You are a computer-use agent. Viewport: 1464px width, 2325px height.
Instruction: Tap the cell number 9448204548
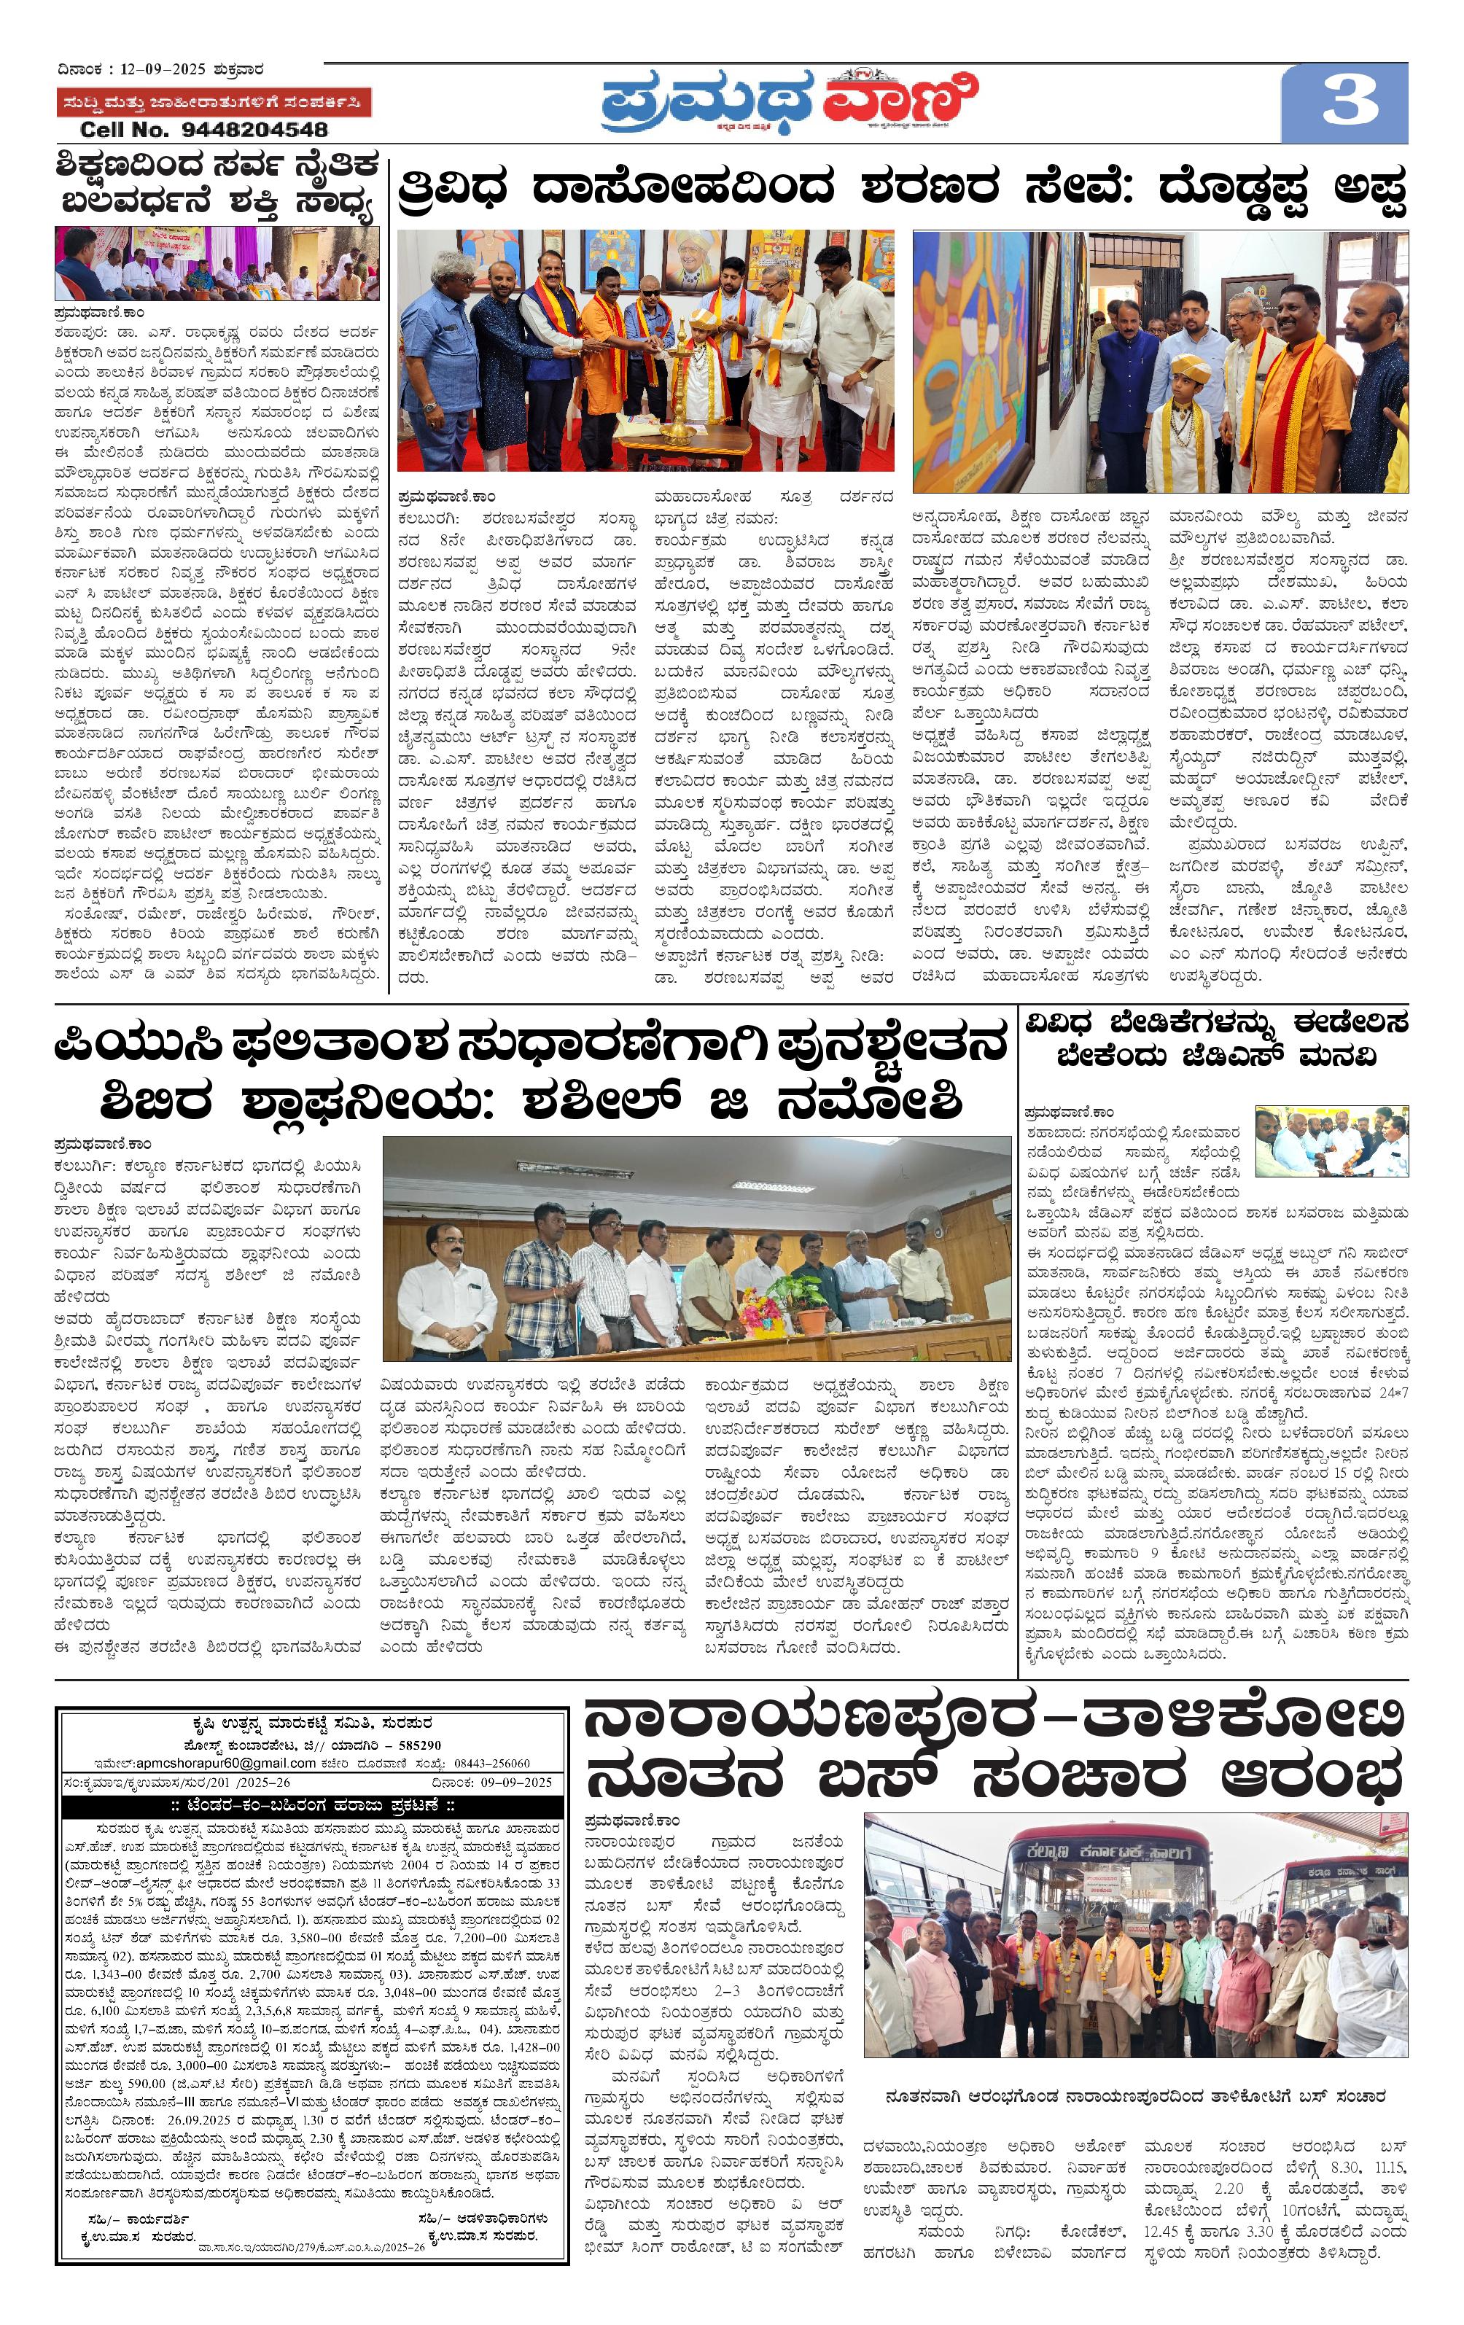(203, 129)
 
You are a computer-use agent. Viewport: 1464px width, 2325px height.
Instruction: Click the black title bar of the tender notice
(312, 1804)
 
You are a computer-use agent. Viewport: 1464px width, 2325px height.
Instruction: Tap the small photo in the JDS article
(1331, 1140)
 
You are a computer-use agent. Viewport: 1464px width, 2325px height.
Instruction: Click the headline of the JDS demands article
(1216, 1038)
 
